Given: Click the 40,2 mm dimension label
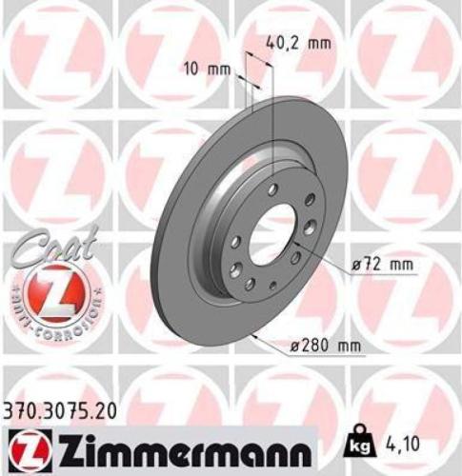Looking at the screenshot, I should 291,42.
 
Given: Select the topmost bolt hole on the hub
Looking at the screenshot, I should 273,190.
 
